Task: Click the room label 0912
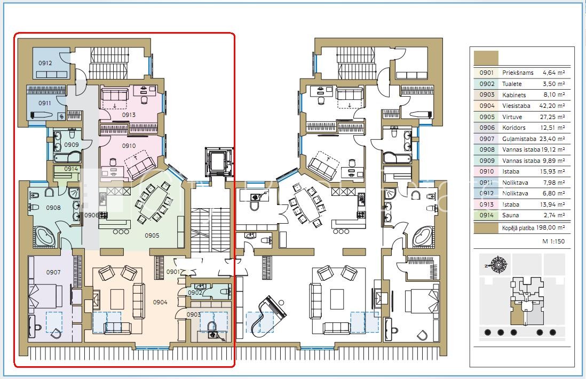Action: click(45, 63)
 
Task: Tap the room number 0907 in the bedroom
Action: click(53, 272)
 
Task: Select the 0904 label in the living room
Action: click(160, 302)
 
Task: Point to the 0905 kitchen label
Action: click(152, 235)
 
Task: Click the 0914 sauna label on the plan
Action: click(71, 169)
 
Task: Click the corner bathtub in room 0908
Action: click(45, 236)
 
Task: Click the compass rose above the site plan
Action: click(498, 265)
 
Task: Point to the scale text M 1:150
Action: click(553, 241)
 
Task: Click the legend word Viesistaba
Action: click(516, 106)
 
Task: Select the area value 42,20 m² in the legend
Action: click(552, 106)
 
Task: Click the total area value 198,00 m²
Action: click(550, 227)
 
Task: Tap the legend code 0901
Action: click(487, 73)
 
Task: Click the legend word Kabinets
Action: click(514, 94)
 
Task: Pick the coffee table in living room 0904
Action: click(117, 298)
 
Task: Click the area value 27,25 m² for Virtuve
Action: click(552, 116)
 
